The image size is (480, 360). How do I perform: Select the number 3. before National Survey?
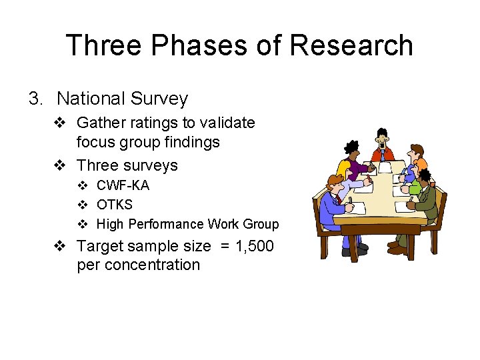36,99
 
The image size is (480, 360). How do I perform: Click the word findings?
194,142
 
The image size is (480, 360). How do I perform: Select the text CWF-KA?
123,185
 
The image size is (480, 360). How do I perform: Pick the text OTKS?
114,205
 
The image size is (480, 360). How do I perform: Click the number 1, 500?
255,246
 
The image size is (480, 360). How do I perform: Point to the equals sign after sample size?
224,246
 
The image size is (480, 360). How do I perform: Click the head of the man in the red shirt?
381,139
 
